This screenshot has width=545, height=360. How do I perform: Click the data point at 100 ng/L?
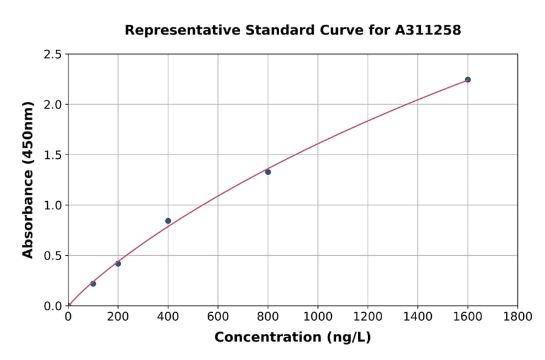point(93,284)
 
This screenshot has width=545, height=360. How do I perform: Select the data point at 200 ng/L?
point(118,264)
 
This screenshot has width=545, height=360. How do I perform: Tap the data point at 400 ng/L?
point(168,221)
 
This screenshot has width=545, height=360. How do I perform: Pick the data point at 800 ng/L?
point(268,172)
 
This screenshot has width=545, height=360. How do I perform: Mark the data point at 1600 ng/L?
point(467,79)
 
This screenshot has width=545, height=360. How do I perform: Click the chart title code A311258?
point(429,30)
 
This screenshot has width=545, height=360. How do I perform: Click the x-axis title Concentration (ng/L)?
point(292,337)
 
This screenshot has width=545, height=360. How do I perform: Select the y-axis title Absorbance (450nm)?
point(28,179)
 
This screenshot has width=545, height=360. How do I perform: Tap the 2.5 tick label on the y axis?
point(53,55)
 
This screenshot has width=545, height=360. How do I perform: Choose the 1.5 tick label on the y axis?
point(53,155)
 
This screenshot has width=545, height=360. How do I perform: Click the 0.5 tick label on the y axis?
point(53,256)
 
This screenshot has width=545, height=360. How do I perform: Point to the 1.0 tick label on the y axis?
point(53,205)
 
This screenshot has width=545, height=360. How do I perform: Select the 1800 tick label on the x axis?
point(517,316)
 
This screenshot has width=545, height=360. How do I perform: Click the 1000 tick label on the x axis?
point(318,316)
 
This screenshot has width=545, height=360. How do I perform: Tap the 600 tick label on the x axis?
point(218,316)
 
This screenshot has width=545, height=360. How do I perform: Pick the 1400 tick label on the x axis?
point(418,316)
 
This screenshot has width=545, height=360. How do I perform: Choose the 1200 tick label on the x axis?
point(368,316)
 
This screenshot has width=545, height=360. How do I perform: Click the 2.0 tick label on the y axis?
point(53,105)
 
